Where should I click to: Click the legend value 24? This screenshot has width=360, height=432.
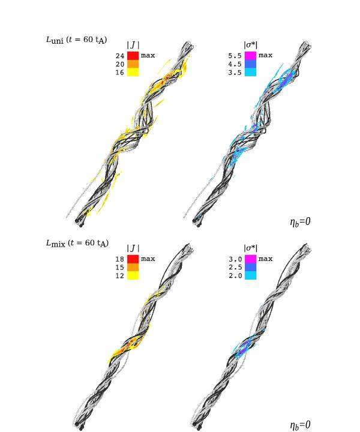click(120, 56)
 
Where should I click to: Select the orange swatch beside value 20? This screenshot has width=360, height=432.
click(133, 64)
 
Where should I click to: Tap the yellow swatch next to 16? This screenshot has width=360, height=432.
click(133, 72)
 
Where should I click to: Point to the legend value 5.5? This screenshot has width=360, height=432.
click(235, 56)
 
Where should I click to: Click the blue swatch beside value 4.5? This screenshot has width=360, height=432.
click(250, 64)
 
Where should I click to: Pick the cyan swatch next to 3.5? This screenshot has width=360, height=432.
click(250, 72)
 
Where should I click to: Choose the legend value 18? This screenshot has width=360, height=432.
click(120, 259)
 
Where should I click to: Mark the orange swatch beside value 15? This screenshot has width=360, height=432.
click(133, 267)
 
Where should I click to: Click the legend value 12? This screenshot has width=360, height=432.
click(120, 275)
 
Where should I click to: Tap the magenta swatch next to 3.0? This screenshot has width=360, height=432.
click(250, 259)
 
